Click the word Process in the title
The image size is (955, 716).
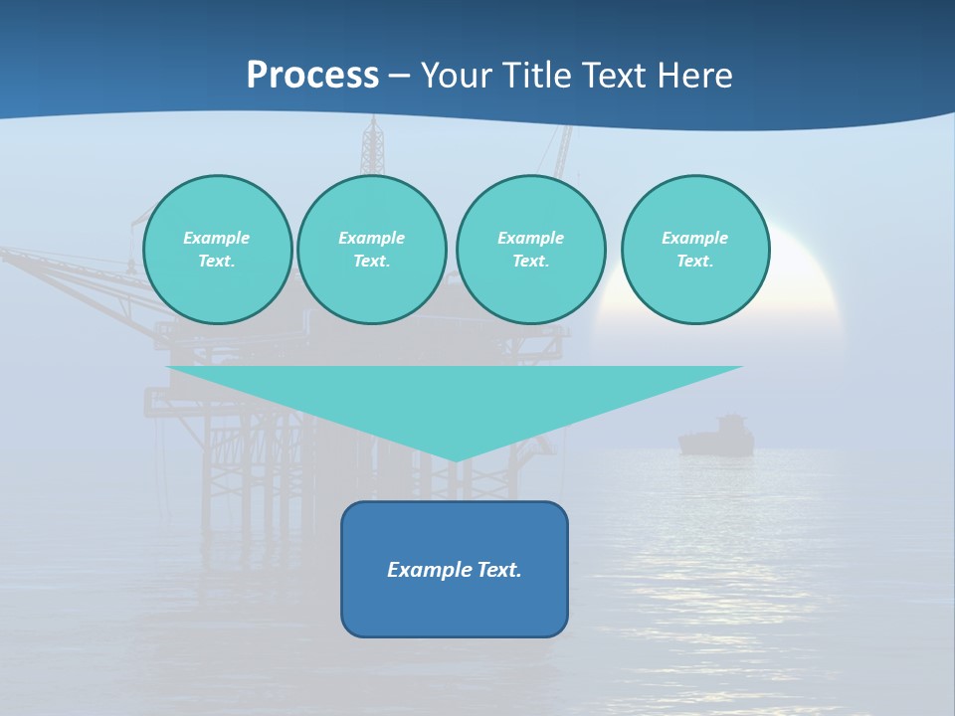(312, 76)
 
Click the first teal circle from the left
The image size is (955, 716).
(218, 250)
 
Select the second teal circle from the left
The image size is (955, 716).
(372, 250)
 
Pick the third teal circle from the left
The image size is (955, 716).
(530, 250)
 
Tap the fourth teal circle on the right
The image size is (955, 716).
(695, 250)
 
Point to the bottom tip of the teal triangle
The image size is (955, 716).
(455, 459)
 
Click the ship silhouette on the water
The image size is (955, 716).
(716, 437)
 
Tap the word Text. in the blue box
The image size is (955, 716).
(497, 570)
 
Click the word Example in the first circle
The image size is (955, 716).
(217, 238)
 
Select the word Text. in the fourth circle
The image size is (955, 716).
(695, 262)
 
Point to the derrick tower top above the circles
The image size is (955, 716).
(373, 129)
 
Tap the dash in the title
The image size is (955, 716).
(400, 76)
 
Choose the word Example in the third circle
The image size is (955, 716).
(530, 238)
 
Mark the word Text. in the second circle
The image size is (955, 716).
(372, 262)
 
